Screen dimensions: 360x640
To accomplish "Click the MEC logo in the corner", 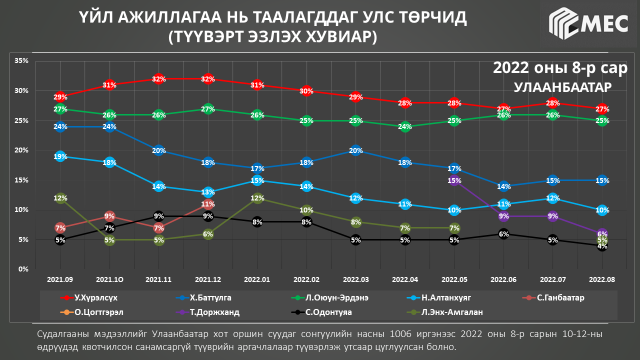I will [x=588, y=23].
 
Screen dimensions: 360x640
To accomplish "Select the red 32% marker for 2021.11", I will [x=159, y=79].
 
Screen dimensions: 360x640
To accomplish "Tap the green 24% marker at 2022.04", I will [x=405, y=127].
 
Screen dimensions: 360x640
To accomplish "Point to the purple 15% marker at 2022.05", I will [x=454, y=180].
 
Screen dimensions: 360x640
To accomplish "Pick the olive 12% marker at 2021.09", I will [x=60, y=198].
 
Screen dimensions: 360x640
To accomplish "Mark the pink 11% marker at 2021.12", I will [x=208, y=204].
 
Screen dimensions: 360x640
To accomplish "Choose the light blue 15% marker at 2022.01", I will [x=257, y=180].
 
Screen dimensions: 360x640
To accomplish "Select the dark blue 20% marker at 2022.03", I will [x=355, y=150].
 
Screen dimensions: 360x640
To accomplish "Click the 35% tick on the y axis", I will [x=21, y=61].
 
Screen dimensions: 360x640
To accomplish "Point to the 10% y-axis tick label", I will [x=21, y=210].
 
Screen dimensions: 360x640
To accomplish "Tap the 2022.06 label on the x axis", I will [x=503, y=279].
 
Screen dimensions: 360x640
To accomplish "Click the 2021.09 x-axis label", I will [x=60, y=279].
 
